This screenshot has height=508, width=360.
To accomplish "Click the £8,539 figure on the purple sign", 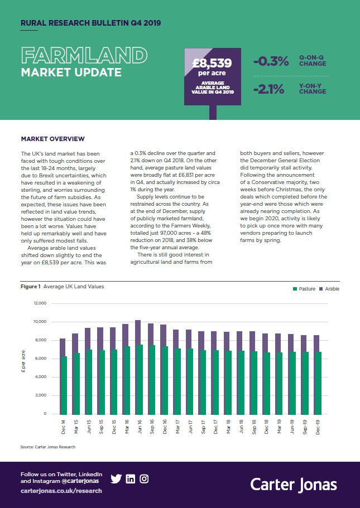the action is click(x=212, y=63).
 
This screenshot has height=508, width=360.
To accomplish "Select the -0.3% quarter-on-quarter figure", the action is click(x=271, y=61).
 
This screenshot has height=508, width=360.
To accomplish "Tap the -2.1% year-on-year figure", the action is click(x=269, y=89).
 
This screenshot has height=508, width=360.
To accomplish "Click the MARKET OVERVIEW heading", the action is click(x=52, y=139).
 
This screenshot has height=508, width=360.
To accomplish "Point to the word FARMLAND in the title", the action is click(x=84, y=55).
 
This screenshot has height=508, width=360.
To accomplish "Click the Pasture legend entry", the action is click(x=304, y=289).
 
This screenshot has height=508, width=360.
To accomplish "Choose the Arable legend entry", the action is click(x=329, y=289).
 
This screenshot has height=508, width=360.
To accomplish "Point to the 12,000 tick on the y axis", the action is click(x=40, y=303).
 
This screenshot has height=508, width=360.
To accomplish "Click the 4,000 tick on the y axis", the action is click(x=41, y=377).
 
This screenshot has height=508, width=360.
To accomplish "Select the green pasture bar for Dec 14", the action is click(x=63, y=385).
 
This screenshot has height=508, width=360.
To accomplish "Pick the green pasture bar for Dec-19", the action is click(x=318, y=383).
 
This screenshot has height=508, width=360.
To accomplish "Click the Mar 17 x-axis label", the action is click(x=177, y=427).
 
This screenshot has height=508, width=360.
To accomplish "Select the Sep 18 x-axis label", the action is click(x=255, y=427).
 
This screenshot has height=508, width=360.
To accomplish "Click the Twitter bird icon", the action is click(x=116, y=479).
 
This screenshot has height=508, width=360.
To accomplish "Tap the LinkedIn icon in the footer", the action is click(x=131, y=479).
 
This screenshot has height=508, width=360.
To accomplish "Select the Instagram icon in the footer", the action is click(x=144, y=479).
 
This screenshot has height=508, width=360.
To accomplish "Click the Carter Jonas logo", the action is click(x=294, y=485).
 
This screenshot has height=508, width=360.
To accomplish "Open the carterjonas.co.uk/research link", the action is click(x=61, y=491).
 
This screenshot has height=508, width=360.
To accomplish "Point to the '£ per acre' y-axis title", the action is click(x=23, y=361).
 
